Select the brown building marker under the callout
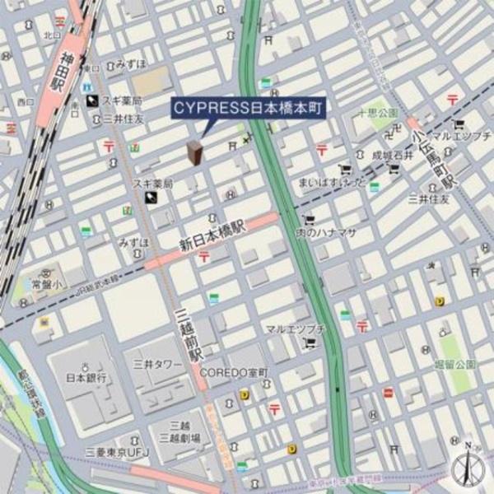click(195, 152)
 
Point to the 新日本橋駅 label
click(212, 235)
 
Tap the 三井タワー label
click(157, 363)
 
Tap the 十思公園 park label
click(378, 112)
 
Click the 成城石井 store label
click(389, 154)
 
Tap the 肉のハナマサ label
click(326, 233)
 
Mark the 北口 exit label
click(53, 35)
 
